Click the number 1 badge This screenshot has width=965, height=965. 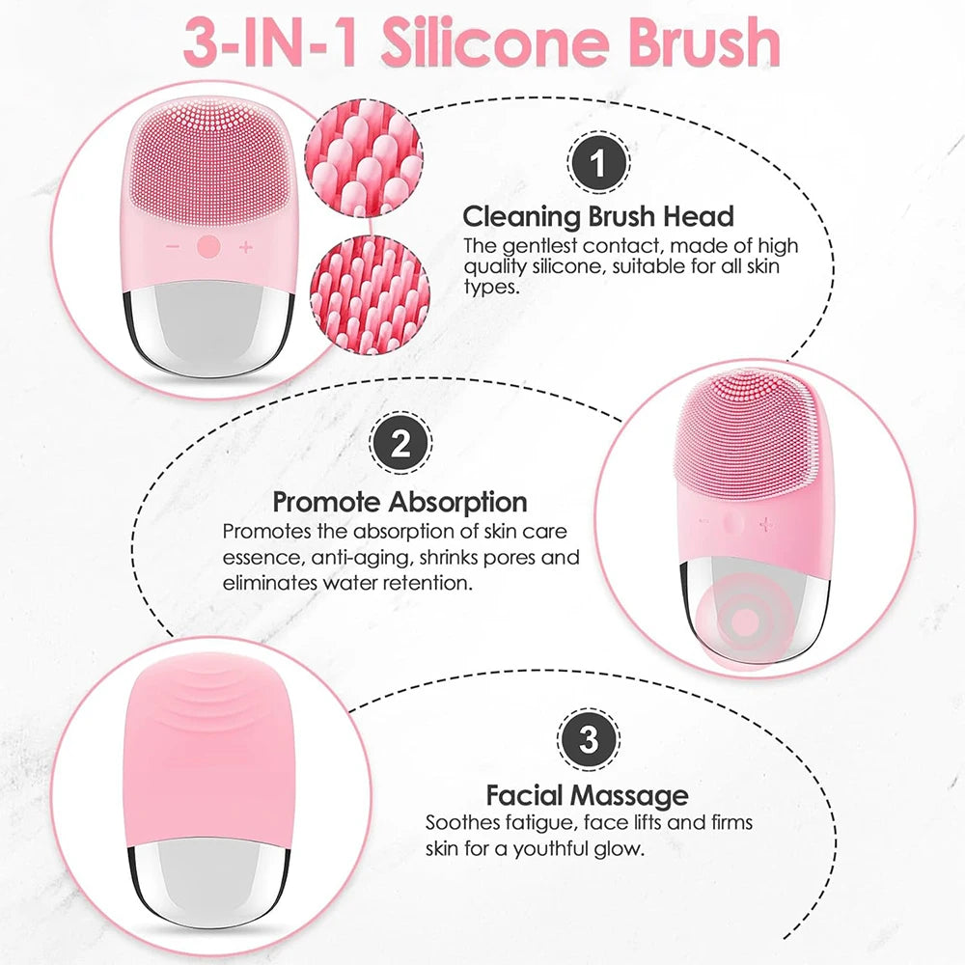[x=597, y=163]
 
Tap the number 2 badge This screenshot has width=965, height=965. [x=400, y=443]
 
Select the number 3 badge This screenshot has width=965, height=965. [x=589, y=739]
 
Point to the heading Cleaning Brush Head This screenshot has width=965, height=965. [x=598, y=216]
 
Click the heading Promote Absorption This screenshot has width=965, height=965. [x=400, y=502]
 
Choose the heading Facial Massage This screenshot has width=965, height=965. [x=587, y=795]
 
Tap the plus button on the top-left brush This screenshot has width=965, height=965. [x=245, y=247]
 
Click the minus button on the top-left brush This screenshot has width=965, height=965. [x=173, y=247]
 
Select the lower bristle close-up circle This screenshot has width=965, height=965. [x=370, y=294]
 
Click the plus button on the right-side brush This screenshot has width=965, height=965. [x=765, y=524]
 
